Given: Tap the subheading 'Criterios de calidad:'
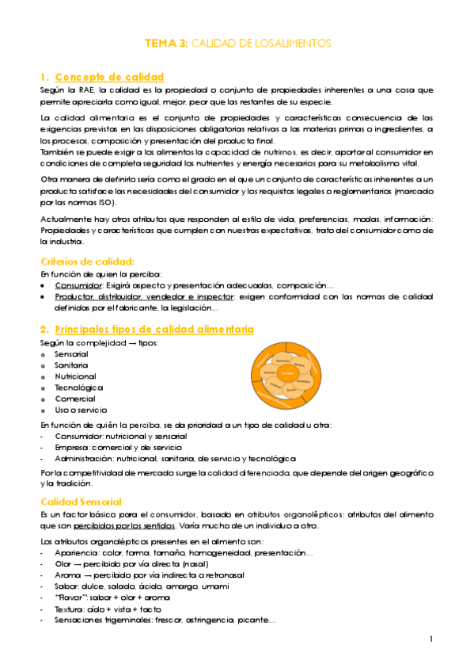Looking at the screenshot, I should coord(87,262).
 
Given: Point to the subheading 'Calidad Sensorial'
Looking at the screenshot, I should coord(81,502).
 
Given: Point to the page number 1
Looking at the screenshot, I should coord(430,639).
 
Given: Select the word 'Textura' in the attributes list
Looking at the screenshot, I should coord(69,609).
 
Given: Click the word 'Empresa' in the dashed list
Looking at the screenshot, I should coord(70,448).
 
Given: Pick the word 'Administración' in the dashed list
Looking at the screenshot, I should coord(83,459).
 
